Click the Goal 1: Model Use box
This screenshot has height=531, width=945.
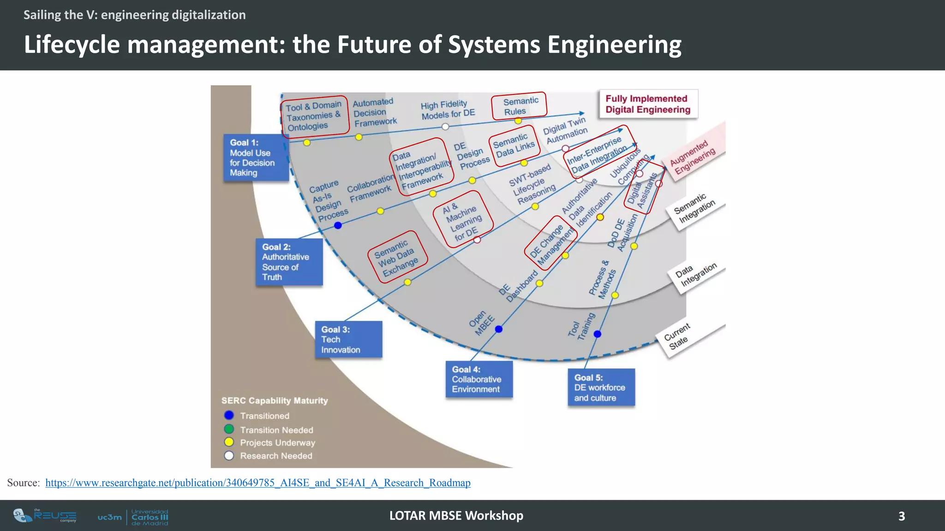(x=256, y=158)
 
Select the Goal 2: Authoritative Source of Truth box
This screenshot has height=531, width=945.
(x=289, y=262)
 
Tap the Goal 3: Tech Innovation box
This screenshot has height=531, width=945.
(x=348, y=340)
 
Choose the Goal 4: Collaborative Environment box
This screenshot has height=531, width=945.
(x=479, y=379)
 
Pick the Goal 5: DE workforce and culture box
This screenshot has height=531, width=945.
(x=601, y=388)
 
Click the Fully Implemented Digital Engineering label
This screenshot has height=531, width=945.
(x=648, y=104)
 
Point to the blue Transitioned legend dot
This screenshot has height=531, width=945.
(x=229, y=415)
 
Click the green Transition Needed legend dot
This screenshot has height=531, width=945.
(x=229, y=429)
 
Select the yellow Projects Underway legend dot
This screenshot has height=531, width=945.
(x=229, y=442)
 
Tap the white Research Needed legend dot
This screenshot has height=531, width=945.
(x=229, y=455)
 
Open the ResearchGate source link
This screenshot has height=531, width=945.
(x=257, y=483)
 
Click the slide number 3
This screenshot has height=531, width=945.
(x=902, y=516)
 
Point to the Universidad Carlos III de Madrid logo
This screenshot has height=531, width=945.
(x=133, y=517)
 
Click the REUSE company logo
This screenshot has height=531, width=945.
(x=45, y=516)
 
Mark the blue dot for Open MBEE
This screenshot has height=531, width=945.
(x=499, y=329)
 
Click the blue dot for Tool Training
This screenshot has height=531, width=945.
(x=598, y=334)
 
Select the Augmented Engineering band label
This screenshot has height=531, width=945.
(x=693, y=157)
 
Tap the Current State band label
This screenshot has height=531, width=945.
(x=677, y=336)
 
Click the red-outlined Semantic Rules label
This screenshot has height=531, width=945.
(x=519, y=106)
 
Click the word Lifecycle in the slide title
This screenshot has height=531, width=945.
(x=72, y=45)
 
